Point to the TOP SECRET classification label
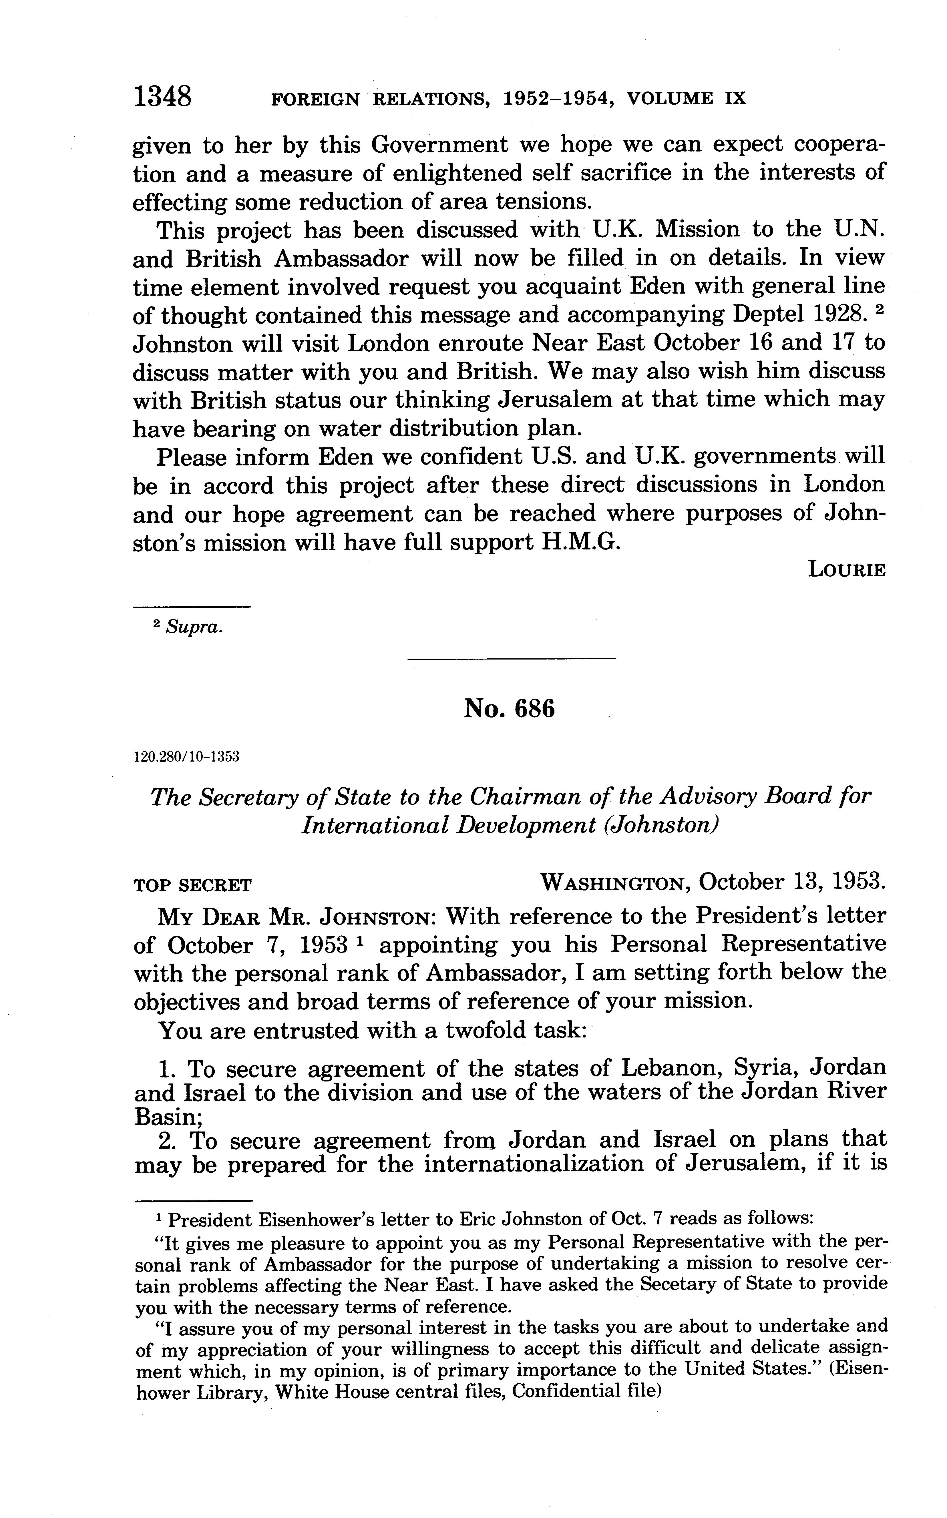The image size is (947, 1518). point(192,886)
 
